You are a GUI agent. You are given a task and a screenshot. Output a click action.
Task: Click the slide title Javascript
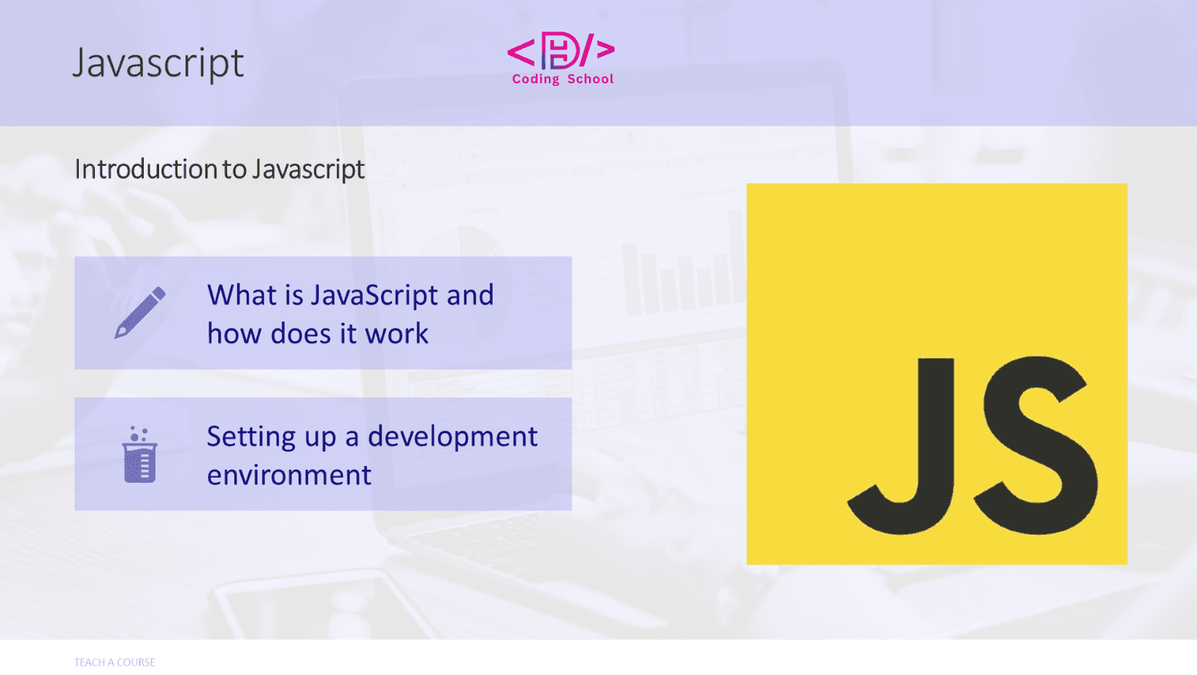click(158, 64)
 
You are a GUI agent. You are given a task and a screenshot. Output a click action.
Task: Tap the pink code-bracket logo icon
click(561, 51)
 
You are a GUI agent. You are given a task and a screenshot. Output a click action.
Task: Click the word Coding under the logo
click(536, 80)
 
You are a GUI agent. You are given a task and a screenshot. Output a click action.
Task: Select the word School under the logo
click(590, 79)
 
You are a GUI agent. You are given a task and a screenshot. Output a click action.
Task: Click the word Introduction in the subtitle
click(146, 169)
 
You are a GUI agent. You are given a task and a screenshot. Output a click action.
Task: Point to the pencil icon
click(140, 313)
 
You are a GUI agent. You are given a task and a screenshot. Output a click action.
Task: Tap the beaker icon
click(140, 454)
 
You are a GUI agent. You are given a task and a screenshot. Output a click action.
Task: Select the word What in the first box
click(242, 294)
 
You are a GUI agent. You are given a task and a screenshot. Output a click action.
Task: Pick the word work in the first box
click(397, 333)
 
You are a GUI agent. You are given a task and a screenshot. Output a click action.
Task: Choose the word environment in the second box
click(289, 475)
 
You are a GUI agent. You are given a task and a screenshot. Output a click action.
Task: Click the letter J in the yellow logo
click(901, 446)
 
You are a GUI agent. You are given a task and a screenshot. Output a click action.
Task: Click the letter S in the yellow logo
click(1036, 445)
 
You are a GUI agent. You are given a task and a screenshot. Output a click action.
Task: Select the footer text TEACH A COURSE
click(115, 662)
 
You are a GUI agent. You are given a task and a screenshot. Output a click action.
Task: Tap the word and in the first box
click(470, 294)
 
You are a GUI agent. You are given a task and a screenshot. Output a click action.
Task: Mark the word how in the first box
click(234, 333)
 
